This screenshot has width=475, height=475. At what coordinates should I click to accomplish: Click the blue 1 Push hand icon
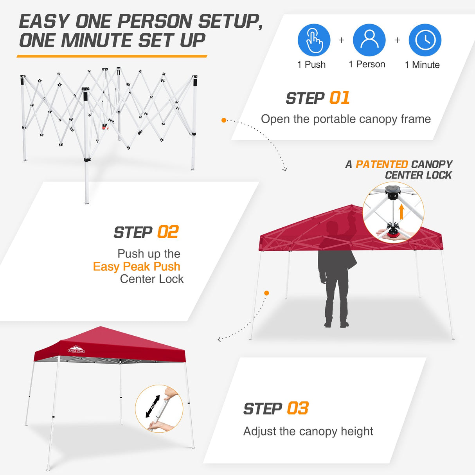click(314, 40)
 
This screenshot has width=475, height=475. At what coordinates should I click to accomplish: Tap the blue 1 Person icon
click(369, 40)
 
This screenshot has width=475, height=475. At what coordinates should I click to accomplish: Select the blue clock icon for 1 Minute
click(425, 40)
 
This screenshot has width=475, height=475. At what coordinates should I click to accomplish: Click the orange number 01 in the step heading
click(339, 98)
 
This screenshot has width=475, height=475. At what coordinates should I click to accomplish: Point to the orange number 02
click(167, 232)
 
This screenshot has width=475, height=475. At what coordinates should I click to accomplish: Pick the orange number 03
click(298, 408)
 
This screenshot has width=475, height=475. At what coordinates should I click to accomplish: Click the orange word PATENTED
click(381, 164)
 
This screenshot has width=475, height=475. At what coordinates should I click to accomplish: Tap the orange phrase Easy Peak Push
click(137, 266)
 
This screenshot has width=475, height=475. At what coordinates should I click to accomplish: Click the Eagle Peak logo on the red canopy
click(76, 349)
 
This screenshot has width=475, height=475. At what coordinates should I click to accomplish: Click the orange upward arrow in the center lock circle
click(401, 212)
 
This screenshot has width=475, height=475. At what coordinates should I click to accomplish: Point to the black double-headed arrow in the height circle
click(153, 406)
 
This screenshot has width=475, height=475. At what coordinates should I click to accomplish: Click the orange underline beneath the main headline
click(112, 56)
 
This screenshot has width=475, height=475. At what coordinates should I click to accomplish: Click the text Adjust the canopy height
click(308, 431)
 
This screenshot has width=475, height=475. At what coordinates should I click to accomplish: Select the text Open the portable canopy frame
click(345, 119)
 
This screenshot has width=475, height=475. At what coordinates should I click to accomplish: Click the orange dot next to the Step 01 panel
click(224, 120)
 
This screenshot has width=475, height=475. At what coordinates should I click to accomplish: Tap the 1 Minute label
click(422, 65)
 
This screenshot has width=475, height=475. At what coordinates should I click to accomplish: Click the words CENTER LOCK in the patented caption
click(418, 175)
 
